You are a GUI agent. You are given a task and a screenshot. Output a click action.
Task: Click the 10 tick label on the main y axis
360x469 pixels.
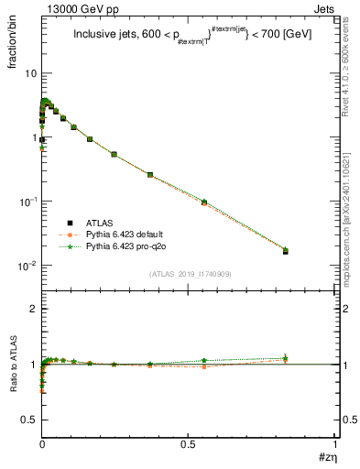coord(29,73)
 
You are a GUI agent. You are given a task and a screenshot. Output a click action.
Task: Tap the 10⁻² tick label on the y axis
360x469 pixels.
coord(27,266)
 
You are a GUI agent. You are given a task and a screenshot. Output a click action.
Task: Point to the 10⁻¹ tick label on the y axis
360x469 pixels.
coord(27,202)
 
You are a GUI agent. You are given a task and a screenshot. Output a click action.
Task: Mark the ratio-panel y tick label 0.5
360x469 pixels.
coord(28,419)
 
